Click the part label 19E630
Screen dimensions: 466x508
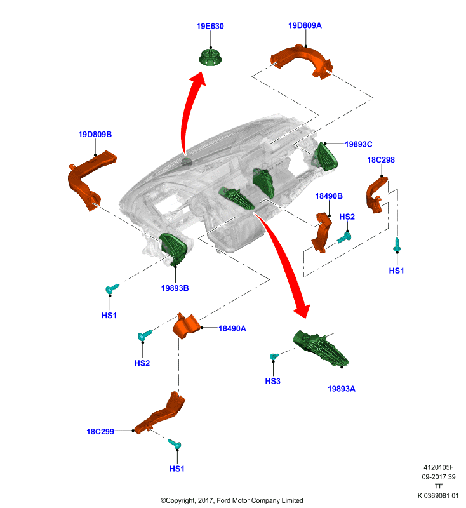(x=210, y=26)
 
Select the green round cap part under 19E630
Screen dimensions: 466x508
(x=211, y=57)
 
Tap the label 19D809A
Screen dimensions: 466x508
(x=305, y=25)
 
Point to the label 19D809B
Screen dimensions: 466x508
(x=95, y=135)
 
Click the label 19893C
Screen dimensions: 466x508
(x=359, y=144)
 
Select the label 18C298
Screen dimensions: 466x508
(x=381, y=160)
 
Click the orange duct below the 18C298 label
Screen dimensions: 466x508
(x=376, y=194)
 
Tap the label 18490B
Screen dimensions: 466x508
(x=329, y=196)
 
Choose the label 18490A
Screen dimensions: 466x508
(x=232, y=328)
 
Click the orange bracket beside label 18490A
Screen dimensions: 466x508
(x=186, y=326)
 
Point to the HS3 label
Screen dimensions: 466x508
(x=272, y=381)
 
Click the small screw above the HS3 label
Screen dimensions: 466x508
(x=274, y=356)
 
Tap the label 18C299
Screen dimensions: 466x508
(x=100, y=432)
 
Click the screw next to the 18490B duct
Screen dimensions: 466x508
(x=344, y=237)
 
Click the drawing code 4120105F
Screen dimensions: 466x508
(x=439, y=467)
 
